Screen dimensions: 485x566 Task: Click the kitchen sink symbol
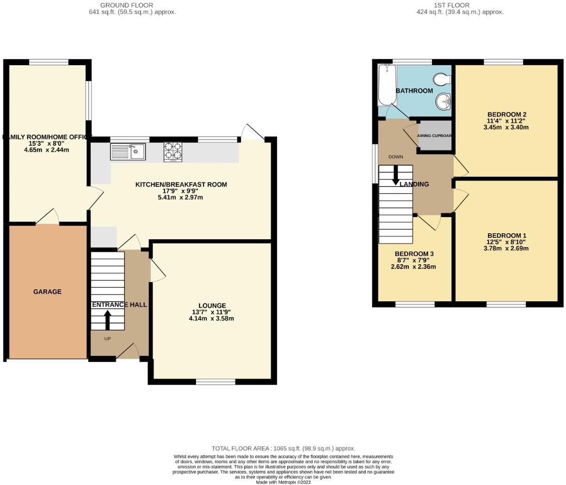(128, 151)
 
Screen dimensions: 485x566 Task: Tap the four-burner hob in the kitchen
(172, 152)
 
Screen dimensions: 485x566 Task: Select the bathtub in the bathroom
(387, 85)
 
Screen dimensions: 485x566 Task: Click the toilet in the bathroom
(442, 80)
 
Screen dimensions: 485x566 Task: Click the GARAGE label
(47, 292)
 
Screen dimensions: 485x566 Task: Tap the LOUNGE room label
(212, 305)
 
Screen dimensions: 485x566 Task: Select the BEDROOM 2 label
(507, 114)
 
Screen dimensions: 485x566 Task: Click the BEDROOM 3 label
(414, 254)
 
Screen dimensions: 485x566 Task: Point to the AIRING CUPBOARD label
(434, 136)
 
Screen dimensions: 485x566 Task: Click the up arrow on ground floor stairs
(108, 319)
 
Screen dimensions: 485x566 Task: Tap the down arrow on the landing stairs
(396, 175)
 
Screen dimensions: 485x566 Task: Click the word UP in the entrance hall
(107, 339)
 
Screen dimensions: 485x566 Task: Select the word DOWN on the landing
(395, 157)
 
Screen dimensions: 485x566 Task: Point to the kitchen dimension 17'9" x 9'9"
(181, 191)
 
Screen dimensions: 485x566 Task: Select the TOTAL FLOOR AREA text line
(283, 448)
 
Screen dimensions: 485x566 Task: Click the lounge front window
(215, 382)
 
